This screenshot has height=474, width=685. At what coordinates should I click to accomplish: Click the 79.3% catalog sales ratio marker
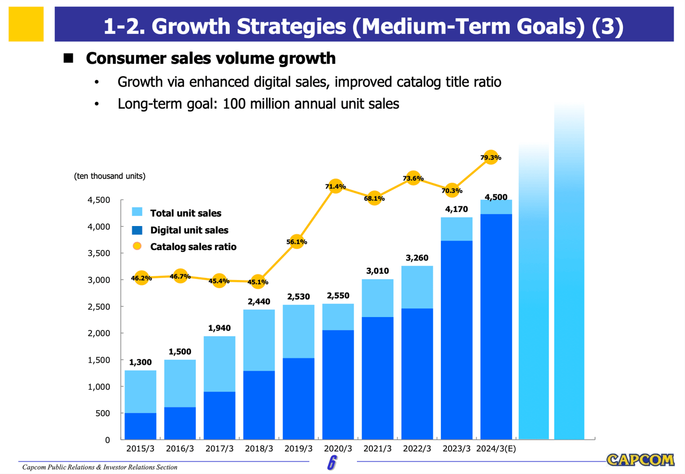coord(491,157)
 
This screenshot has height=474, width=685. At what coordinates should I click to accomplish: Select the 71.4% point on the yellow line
coord(336,186)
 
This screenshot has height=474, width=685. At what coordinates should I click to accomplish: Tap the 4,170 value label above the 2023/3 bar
coord(456,209)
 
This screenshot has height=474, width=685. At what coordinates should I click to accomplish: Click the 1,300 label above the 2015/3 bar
coord(140,362)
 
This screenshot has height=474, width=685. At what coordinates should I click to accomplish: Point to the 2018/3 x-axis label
coord(259,449)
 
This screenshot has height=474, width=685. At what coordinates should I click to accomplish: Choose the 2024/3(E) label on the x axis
coord(496,449)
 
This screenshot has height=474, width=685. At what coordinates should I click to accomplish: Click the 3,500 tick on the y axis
coord(99,253)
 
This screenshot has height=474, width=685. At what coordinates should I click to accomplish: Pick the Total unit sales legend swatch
coord(137,212)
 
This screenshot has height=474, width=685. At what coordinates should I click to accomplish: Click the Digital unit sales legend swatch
coord(137,230)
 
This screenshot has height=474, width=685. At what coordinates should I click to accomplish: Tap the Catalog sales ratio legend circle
coord(137,246)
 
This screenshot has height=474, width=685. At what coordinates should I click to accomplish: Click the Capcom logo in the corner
coord(640,460)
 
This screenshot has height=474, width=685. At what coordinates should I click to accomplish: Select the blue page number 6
coord(332,463)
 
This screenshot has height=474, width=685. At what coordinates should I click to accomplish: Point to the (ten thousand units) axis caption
coord(110,176)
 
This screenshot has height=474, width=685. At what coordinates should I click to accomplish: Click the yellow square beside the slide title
coord(26,24)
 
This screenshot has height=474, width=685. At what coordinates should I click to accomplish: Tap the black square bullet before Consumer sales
coord(68,58)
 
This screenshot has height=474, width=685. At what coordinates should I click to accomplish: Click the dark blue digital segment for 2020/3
coord(338,385)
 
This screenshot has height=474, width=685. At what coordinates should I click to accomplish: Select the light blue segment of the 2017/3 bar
coord(219,364)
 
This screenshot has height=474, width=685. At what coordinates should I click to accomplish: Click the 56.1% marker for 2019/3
coord(297,242)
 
